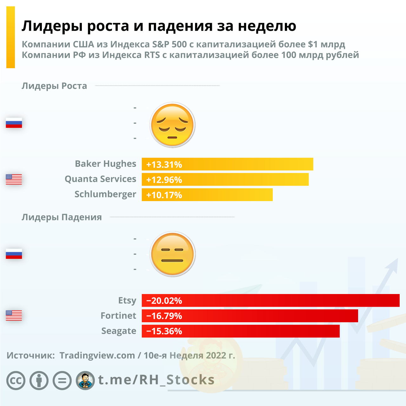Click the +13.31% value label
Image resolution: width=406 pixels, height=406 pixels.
pos(164,165)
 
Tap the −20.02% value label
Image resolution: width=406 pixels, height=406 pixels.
pos(164,301)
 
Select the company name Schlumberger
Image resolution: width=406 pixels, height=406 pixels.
pos(105,194)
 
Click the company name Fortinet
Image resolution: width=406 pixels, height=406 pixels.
pos(118,316)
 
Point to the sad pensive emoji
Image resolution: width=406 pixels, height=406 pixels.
pos(172,124)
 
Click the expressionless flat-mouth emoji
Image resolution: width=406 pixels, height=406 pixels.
pos(172,254)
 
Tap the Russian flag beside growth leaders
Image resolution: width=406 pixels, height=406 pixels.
pos(14,123)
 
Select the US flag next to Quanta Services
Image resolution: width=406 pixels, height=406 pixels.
pos(14,179)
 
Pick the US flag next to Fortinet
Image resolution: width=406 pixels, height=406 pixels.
pos(14,315)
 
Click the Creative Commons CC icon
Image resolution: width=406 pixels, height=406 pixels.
pos(16,380)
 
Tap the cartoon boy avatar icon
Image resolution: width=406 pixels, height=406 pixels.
pos(85,380)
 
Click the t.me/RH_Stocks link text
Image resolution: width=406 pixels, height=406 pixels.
pos(156,380)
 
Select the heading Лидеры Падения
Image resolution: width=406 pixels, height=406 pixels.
pos(62,217)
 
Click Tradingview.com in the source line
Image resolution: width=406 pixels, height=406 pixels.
pos(97,355)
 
